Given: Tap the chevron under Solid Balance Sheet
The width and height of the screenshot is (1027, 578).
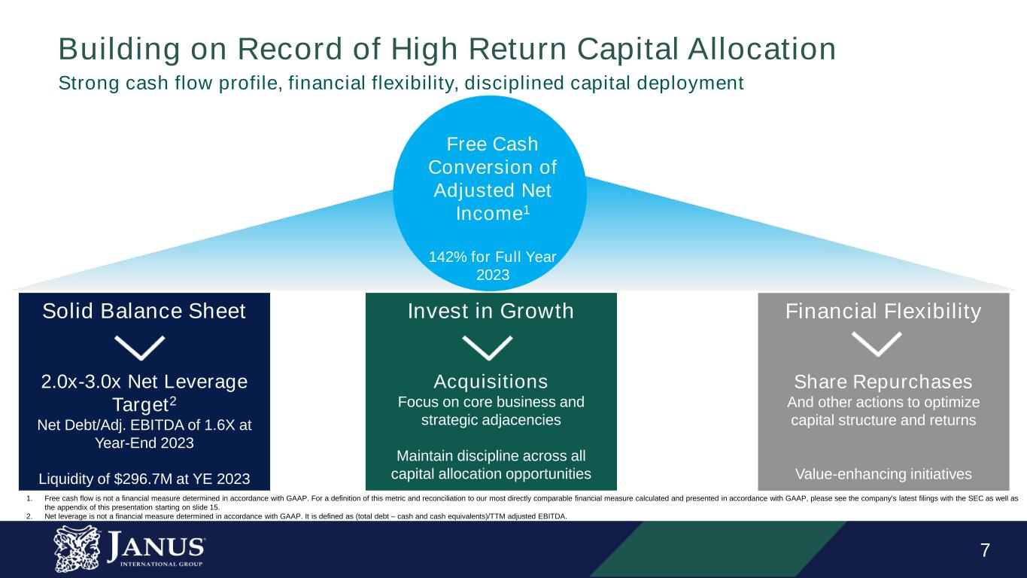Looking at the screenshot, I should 139,347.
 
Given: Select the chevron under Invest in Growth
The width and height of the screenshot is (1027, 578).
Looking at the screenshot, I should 487,347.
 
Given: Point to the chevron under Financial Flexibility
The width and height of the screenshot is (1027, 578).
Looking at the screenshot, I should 877,345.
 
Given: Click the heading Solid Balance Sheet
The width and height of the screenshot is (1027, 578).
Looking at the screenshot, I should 144,311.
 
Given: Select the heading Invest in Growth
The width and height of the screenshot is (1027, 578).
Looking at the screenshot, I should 491,311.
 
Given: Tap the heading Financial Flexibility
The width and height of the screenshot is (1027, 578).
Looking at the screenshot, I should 883,311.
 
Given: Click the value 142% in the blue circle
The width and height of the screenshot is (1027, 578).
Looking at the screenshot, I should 444,257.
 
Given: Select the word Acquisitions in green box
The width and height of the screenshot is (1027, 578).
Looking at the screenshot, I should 491,380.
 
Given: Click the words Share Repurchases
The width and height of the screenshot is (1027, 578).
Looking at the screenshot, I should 883,382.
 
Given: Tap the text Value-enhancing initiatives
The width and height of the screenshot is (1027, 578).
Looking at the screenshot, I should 883,474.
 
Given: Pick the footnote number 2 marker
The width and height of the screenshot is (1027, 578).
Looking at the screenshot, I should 29,516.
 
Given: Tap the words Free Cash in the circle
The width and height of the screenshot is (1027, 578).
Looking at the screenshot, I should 492,144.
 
